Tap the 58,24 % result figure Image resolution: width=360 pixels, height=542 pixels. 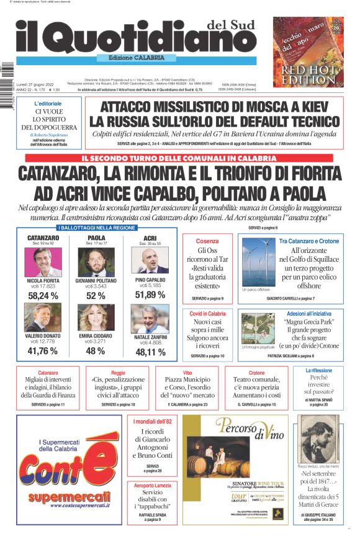[43, 296]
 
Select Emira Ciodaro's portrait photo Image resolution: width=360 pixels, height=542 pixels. [96, 318]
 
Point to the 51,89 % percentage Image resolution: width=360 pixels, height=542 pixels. [150, 295]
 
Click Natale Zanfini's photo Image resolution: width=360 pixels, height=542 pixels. [150, 318]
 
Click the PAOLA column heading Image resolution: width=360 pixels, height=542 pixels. [96, 238]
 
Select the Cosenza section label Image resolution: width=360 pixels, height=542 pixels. [207, 241]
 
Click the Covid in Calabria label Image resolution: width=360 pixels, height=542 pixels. [207, 314]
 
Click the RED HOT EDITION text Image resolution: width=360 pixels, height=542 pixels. [308, 74]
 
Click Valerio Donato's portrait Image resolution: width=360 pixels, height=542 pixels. [43, 318]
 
